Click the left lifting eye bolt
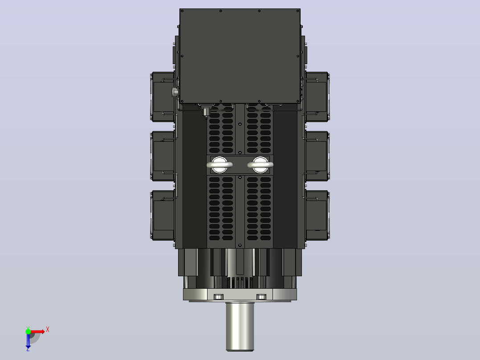(x=220, y=165)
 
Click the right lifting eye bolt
(x=260, y=165)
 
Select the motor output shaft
(x=240, y=326)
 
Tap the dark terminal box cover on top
(x=240, y=56)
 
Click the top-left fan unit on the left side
(x=163, y=97)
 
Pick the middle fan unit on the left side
(x=163, y=156)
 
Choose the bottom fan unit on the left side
(x=163, y=215)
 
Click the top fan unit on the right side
(x=317, y=97)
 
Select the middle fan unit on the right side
(x=317, y=156)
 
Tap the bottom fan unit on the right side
(x=317, y=215)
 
